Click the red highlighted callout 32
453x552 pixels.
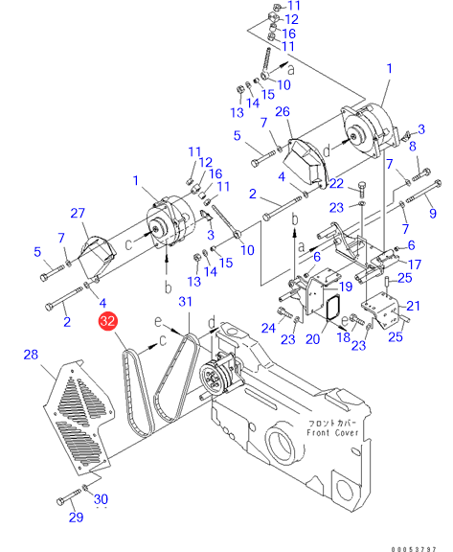(107, 321)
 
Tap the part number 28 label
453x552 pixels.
(31, 355)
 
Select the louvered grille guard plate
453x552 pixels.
(79, 417)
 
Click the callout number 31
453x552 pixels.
(186, 301)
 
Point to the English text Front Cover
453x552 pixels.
(332, 432)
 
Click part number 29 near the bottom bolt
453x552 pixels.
(76, 517)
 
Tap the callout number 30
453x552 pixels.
(101, 499)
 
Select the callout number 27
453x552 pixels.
(78, 213)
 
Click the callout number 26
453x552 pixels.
(283, 111)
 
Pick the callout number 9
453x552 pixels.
(433, 213)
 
